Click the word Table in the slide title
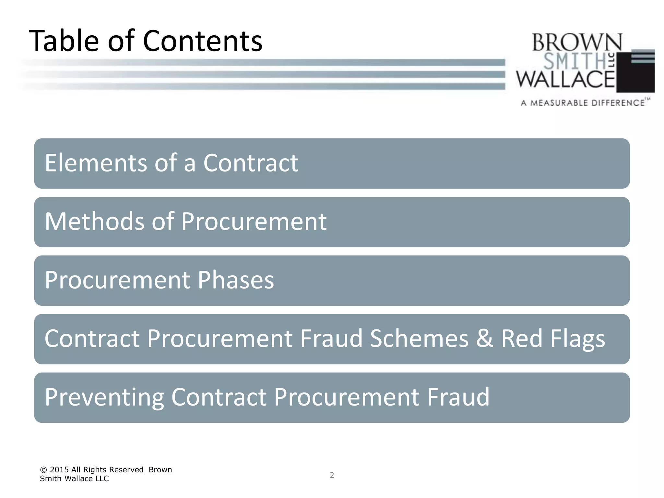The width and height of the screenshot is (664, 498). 64,41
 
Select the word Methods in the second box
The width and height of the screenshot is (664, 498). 94,221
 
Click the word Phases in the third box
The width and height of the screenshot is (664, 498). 236,280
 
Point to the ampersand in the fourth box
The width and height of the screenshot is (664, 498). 485,338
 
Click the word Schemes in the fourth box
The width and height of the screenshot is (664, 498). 419,338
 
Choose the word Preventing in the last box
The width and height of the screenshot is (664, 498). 104,397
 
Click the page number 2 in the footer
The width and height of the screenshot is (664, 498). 332,475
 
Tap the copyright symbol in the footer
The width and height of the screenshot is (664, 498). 43,470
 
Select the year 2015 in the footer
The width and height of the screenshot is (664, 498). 59,470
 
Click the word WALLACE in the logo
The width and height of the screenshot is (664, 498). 565,79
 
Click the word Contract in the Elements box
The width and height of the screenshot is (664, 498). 251,163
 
